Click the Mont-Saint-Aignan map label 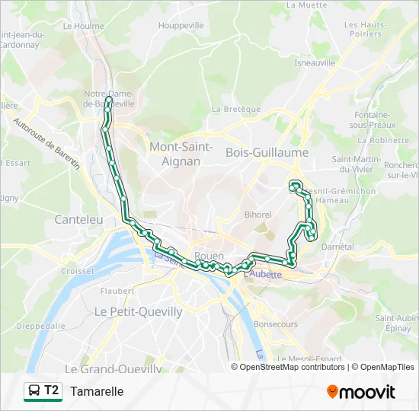pyautogui.click(x=181, y=154)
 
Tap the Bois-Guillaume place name pyautogui.click(x=267, y=153)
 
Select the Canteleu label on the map pyautogui.click(x=78, y=219)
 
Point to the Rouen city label pyautogui.click(x=209, y=256)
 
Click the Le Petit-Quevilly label pyautogui.click(x=138, y=311)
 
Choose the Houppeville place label pyautogui.click(x=181, y=25)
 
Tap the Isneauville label pyautogui.click(x=315, y=63)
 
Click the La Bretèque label pyautogui.click(x=237, y=109)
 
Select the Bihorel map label pyautogui.click(x=257, y=215)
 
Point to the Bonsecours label pyautogui.click(x=275, y=323)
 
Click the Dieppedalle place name pyautogui.click(x=40, y=326)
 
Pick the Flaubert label pyautogui.click(x=117, y=291)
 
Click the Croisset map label pyautogui.click(x=78, y=270)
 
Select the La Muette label pyautogui.click(x=301, y=5)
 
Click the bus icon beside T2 pyautogui.click(x=34, y=391)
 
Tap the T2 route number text pyautogui.click(x=51, y=390)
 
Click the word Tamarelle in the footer pyautogui.click(x=97, y=391)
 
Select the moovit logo pyautogui.click(x=361, y=392)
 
